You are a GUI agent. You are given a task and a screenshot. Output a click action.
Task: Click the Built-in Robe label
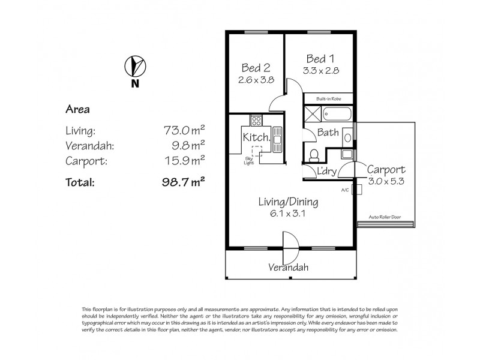click(328, 97)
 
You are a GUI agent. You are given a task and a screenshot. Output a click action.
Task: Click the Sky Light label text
click(248, 159)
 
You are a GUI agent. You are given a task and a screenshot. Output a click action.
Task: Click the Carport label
click(386, 169)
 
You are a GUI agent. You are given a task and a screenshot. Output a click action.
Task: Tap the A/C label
click(344, 190)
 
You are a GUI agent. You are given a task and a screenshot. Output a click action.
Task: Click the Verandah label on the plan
click(288, 268)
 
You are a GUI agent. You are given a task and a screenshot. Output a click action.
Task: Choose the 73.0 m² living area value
click(184, 128)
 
